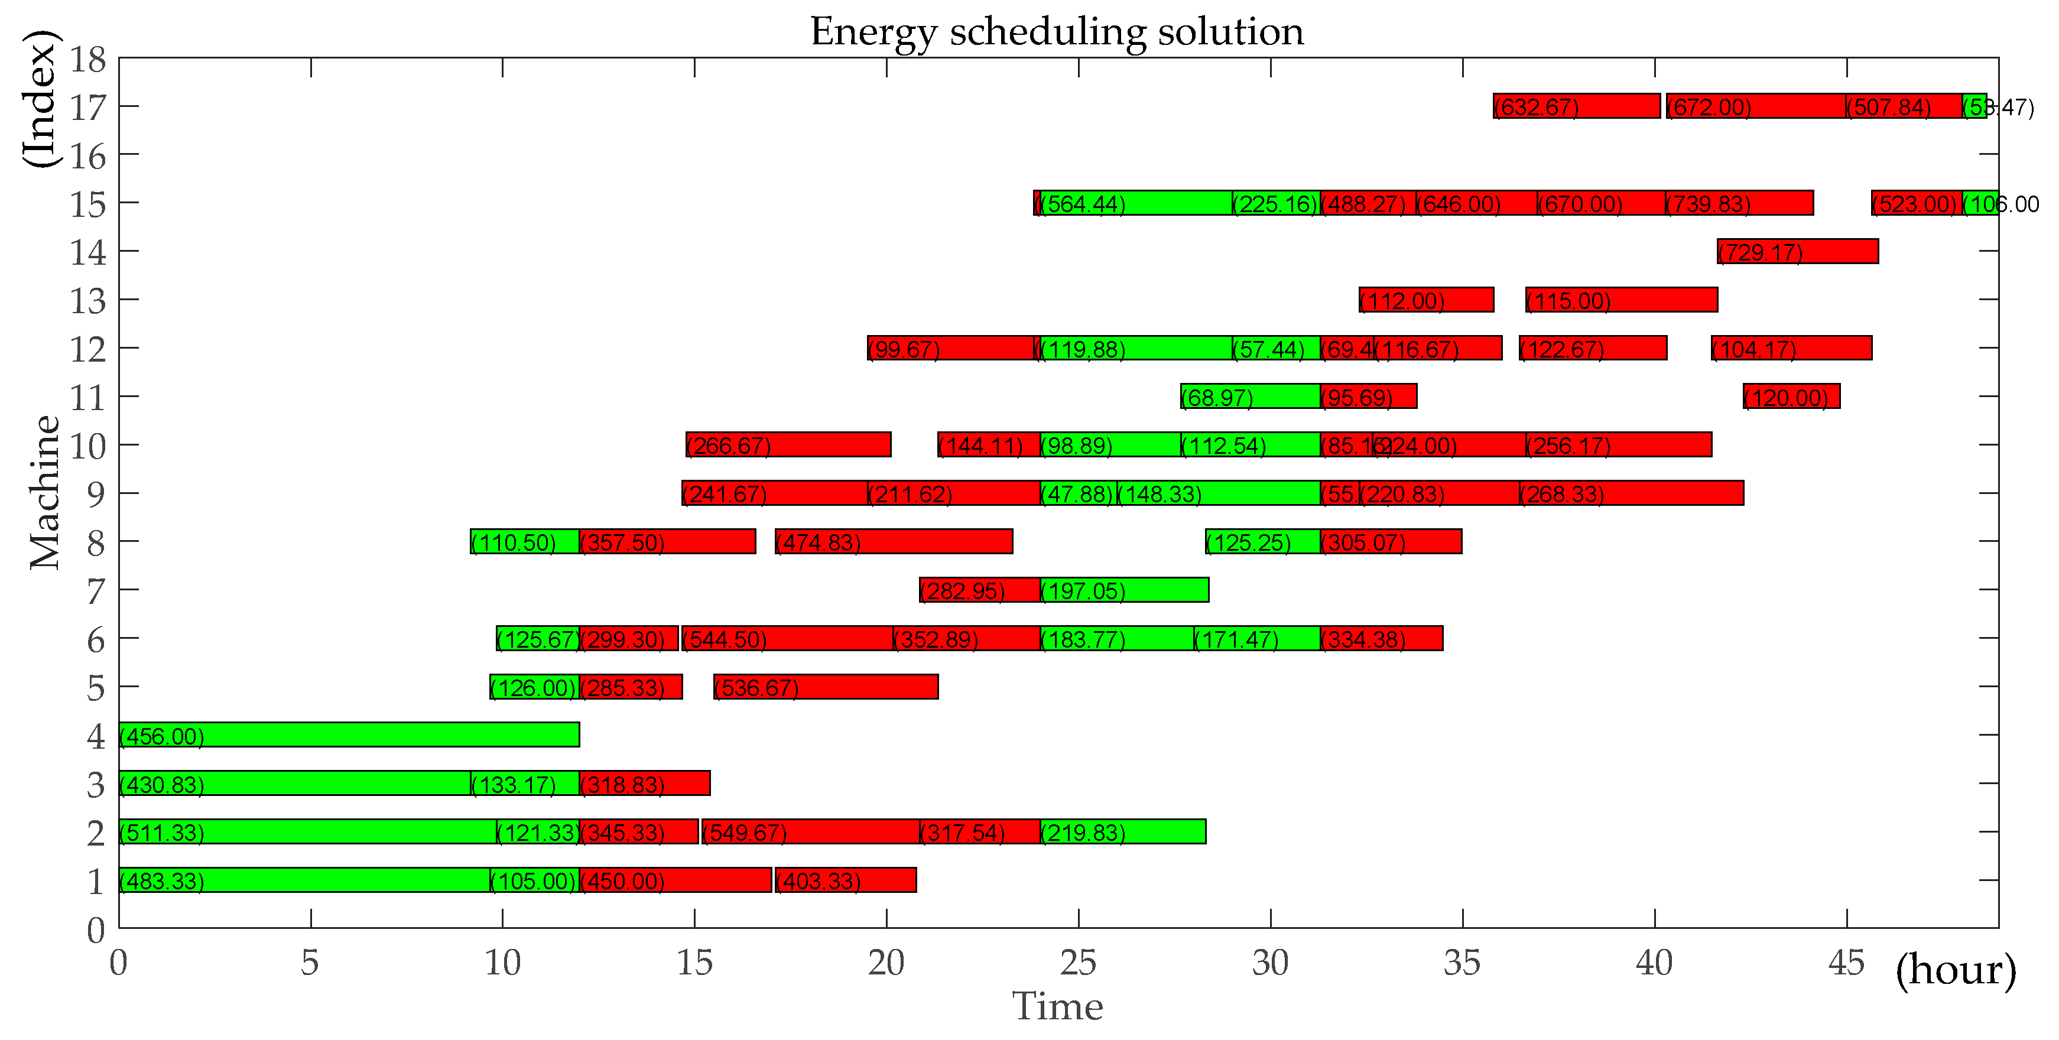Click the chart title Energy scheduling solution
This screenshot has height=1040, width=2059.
(x=1057, y=32)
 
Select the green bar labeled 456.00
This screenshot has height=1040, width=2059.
(x=349, y=734)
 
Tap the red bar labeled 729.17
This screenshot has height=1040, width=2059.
(x=1798, y=251)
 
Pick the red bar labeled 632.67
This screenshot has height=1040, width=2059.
(x=1576, y=106)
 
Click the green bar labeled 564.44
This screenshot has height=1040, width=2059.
(x=1136, y=203)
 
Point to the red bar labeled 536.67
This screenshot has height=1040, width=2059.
(x=826, y=687)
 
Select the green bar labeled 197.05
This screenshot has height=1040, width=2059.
(x=1125, y=590)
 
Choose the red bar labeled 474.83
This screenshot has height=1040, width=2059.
(x=894, y=541)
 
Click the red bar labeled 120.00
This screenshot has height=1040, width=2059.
(x=1791, y=396)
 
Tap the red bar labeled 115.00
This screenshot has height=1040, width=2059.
(x=1621, y=300)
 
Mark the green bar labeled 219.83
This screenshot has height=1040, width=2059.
(x=1123, y=831)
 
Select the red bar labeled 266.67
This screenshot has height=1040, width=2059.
(x=788, y=444)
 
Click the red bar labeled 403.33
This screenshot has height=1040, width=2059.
(x=846, y=880)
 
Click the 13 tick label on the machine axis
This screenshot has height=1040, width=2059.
(x=88, y=301)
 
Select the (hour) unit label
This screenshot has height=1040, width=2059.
(x=1955, y=970)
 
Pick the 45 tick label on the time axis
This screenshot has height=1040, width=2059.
(x=1846, y=963)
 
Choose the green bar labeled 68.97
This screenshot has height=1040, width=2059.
(x=1250, y=396)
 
